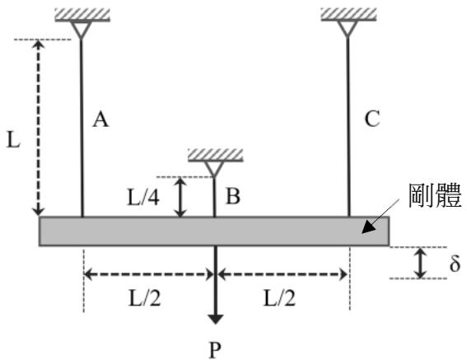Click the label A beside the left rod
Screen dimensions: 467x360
[x=100, y=120]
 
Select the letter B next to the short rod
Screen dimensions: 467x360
[x=233, y=196]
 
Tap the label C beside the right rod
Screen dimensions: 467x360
[x=372, y=119]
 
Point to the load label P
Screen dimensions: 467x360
[x=215, y=350]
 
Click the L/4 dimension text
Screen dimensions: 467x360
[x=143, y=197]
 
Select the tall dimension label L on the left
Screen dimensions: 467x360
[x=13, y=140]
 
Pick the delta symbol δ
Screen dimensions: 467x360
[x=455, y=264]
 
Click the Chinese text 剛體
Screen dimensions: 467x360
[x=435, y=195]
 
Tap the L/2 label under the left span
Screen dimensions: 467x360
[x=145, y=298]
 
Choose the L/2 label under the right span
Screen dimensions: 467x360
[x=280, y=298]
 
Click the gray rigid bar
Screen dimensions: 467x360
[x=214, y=231]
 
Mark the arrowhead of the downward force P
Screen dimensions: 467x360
[x=215, y=319]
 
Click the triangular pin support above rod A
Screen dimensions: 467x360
[x=81, y=29]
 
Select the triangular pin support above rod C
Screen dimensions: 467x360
[x=348, y=29]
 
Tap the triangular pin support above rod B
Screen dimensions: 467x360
[x=214, y=169]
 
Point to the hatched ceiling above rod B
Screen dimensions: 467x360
[x=216, y=155]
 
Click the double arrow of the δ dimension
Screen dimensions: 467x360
[x=420, y=263]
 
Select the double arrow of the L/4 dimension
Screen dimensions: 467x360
[x=180, y=197]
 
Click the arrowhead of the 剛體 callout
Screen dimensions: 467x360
[x=368, y=227]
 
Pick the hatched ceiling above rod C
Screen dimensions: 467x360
[x=348, y=15]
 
